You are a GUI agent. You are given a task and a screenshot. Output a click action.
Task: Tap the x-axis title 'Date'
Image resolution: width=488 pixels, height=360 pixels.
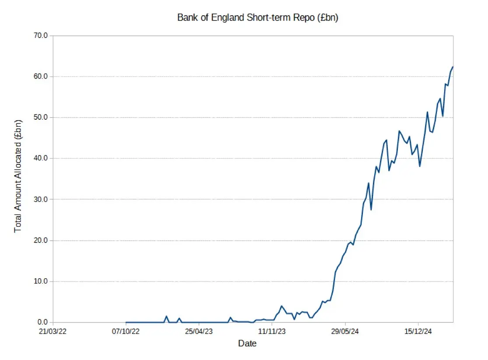pos(247,343)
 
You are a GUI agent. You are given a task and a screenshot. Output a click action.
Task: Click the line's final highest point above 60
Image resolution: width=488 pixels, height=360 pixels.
pos(453,67)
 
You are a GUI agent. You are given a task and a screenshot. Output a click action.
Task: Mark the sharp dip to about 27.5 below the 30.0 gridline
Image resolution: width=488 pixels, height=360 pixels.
pos(371,210)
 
